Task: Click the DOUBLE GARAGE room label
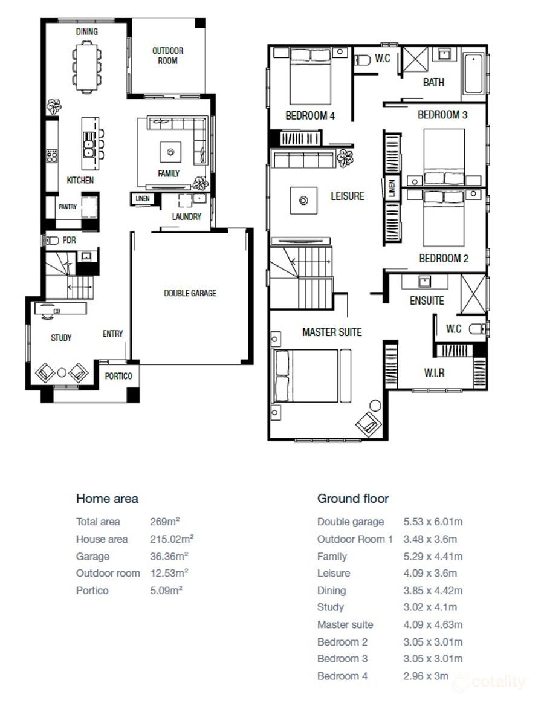coord(190,293)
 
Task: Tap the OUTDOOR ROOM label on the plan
coord(167,56)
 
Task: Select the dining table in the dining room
coord(86,66)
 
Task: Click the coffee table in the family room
coord(170,152)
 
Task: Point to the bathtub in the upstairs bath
coord(474,74)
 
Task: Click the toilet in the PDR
coord(53,240)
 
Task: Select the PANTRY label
coord(68,207)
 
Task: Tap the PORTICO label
coord(118,376)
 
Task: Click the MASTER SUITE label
coord(332,332)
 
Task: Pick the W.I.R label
coord(434,373)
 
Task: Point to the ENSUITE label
coord(427,300)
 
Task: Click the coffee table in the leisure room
coord(303,200)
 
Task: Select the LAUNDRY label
coord(187,216)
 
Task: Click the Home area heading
coord(107,499)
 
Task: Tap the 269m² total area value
coord(165,522)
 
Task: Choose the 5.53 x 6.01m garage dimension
coord(433,522)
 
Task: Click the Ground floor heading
coord(353,499)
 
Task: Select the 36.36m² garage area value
coord(169,556)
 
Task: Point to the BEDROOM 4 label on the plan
coord(310,116)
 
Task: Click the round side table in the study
coord(62,373)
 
